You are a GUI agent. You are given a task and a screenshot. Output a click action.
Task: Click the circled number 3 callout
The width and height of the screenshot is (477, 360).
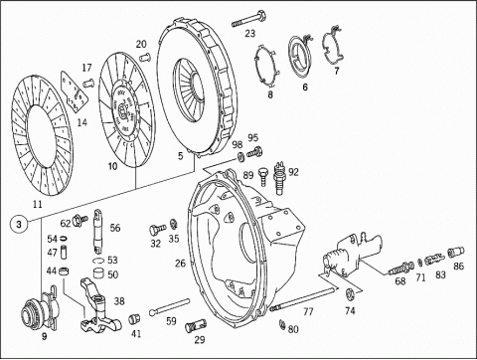point(19,224)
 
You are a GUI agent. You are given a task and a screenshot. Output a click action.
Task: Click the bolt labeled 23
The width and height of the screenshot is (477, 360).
point(248,19)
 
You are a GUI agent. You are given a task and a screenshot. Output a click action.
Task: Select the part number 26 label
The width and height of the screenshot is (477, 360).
point(180,264)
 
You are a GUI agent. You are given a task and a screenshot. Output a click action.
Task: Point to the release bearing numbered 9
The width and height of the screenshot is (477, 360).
point(41,309)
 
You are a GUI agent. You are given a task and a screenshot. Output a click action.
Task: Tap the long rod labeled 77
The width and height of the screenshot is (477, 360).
point(302,299)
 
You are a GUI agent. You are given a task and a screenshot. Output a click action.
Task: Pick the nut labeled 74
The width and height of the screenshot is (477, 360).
point(350,294)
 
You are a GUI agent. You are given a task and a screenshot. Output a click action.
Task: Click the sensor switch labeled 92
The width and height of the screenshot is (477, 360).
point(278,178)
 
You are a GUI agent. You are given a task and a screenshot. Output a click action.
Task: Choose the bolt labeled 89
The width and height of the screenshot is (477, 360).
point(263,176)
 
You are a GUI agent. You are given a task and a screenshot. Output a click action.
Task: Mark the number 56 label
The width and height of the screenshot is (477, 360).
point(115,228)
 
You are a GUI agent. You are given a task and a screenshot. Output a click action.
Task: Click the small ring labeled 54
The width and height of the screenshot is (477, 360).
point(63,238)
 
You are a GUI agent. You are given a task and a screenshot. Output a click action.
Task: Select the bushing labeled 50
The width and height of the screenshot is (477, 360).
point(99,273)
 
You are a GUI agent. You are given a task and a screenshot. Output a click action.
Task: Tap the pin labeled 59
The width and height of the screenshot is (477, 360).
point(169,306)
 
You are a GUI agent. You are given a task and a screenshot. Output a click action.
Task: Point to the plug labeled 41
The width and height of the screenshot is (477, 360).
point(134,319)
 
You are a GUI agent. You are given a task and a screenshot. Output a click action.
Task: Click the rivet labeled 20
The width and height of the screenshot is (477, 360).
point(145,57)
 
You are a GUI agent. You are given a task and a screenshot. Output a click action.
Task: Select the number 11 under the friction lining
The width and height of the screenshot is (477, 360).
point(38,204)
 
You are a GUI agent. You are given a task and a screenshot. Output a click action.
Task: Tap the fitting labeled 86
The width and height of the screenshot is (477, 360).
point(456,253)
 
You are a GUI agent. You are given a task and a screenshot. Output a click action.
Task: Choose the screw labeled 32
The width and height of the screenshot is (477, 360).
point(158,229)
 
